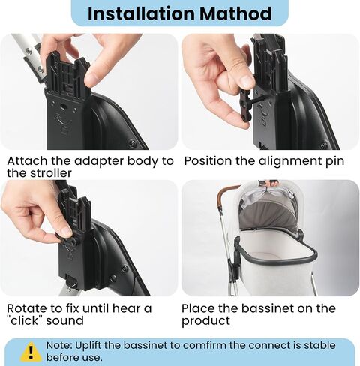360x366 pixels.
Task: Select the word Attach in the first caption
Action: click(27, 160)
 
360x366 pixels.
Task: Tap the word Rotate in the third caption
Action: click(28, 308)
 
